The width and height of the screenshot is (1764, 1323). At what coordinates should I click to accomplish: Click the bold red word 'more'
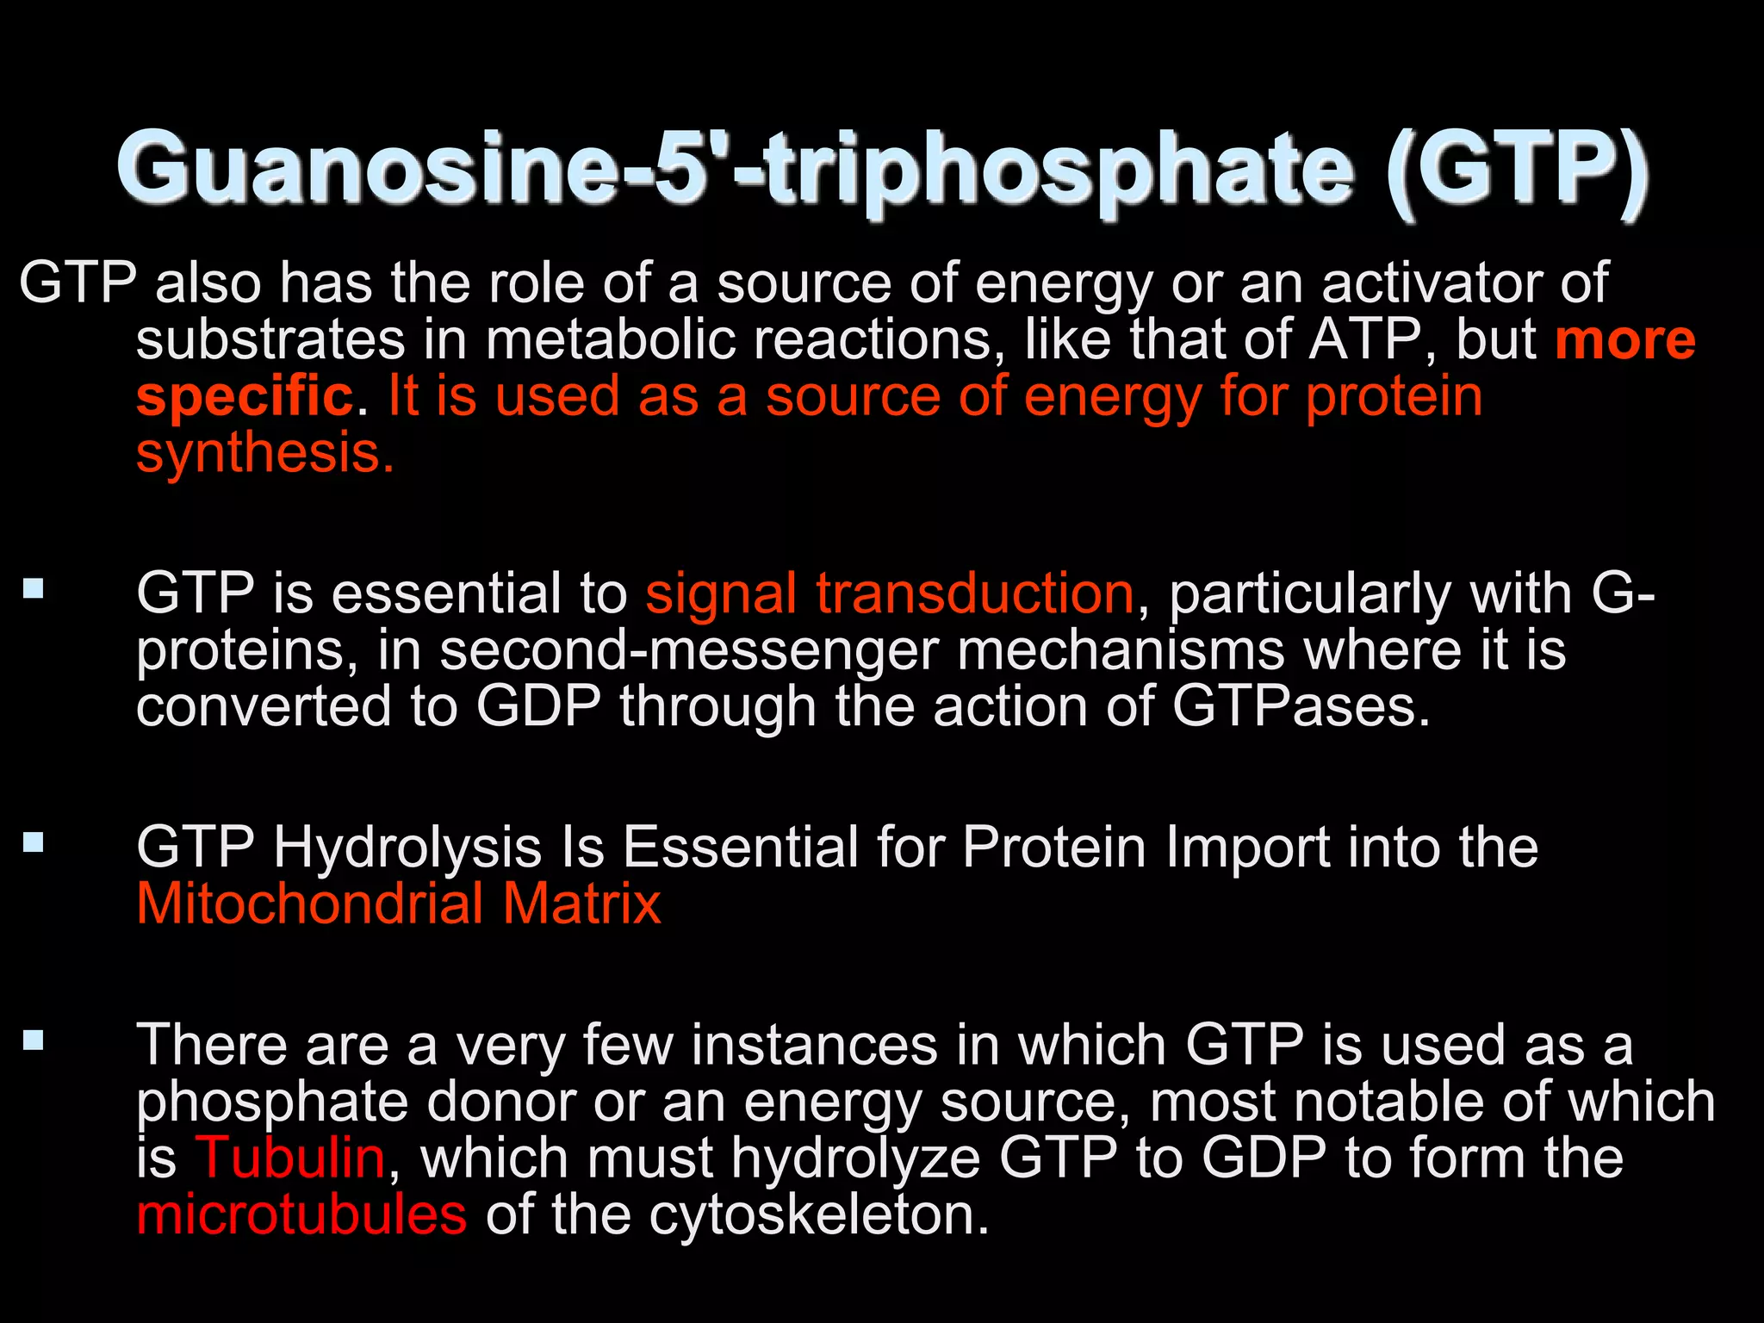click(x=1624, y=340)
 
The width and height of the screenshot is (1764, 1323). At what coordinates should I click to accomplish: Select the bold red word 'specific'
click(x=245, y=397)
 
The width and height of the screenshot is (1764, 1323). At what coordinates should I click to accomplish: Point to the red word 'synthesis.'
click(x=265, y=454)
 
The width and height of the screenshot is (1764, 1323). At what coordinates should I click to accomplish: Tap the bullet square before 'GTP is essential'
click(x=34, y=589)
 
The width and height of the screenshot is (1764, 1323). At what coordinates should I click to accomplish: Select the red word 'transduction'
click(x=975, y=594)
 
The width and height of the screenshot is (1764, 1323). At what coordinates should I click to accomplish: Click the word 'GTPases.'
click(x=1301, y=707)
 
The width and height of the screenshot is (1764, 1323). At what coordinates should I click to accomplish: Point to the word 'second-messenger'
click(x=688, y=651)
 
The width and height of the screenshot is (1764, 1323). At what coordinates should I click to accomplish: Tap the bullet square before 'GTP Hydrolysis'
click(x=34, y=842)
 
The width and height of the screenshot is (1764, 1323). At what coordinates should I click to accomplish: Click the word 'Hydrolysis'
click(x=407, y=848)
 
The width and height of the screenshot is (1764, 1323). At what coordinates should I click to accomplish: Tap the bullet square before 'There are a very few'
click(x=34, y=1040)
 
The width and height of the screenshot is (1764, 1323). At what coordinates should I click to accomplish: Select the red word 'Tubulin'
click(x=291, y=1158)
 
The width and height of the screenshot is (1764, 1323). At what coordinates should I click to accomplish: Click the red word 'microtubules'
click(x=301, y=1215)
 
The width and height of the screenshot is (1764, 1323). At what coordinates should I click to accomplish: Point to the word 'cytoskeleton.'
click(x=819, y=1215)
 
